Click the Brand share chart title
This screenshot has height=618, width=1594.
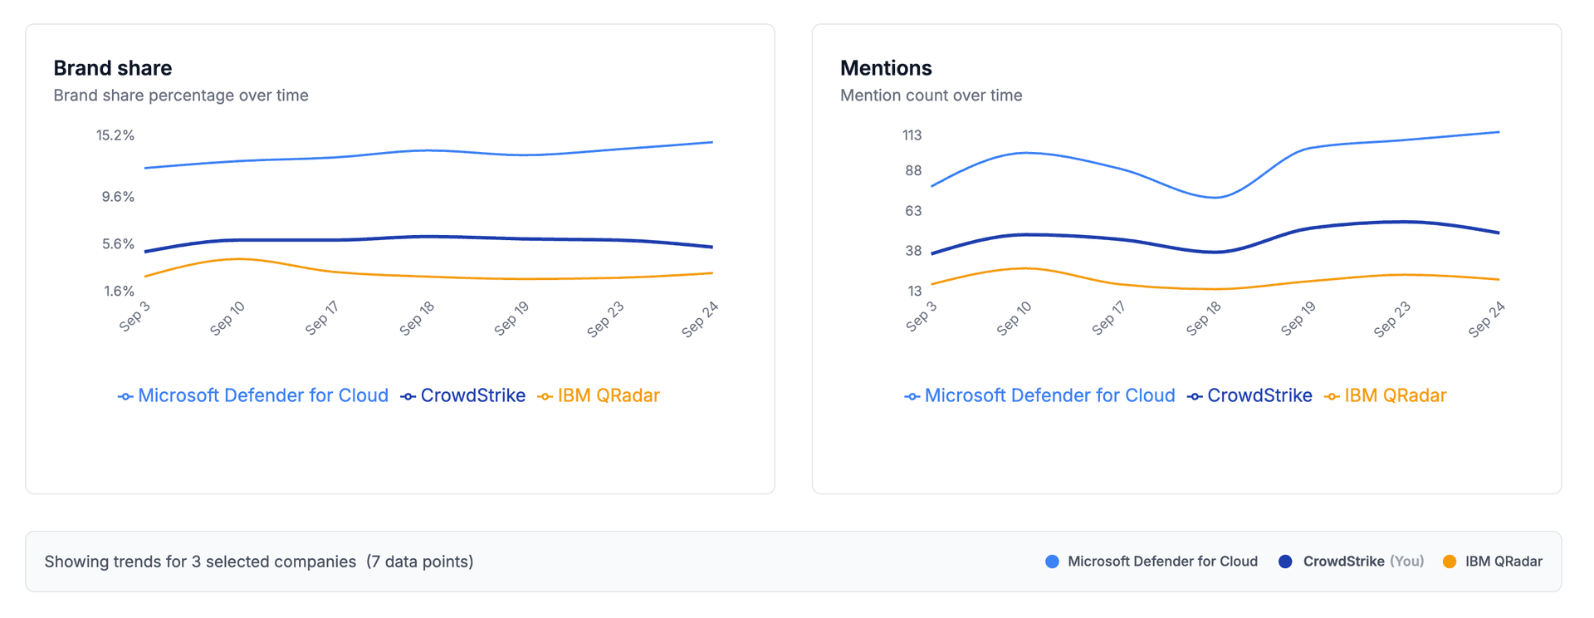(x=112, y=68)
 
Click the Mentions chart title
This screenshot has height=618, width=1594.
(x=885, y=68)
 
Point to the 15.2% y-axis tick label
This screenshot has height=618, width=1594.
(x=115, y=135)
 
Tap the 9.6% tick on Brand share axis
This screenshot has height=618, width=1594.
(x=118, y=197)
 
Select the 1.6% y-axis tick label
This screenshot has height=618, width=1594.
(x=119, y=291)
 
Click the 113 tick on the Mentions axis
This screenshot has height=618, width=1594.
(x=912, y=135)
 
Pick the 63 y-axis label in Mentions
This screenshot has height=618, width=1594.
(x=912, y=211)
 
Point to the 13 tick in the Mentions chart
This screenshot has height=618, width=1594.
(x=914, y=291)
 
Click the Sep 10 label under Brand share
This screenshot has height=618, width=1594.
(x=227, y=319)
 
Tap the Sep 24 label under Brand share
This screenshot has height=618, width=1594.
(x=699, y=320)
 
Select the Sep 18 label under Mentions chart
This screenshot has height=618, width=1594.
(x=1203, y=319)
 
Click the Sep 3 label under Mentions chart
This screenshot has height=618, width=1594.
(x=921, y=316)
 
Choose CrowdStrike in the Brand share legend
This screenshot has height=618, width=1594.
(x=472, y=395)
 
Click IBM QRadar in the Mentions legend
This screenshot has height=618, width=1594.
(x=1394, y=395)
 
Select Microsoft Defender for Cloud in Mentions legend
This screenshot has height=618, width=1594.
(x=1049, y=395)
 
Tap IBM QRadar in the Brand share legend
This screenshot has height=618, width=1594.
(x=608, y=395)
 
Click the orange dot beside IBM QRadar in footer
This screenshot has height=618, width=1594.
(x=1450, y=562)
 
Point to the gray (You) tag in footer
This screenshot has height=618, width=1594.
(x=1406, y=562)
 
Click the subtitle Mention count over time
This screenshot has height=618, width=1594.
(x=931, y=96)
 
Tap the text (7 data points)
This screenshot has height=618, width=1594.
(x=419, y=562)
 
